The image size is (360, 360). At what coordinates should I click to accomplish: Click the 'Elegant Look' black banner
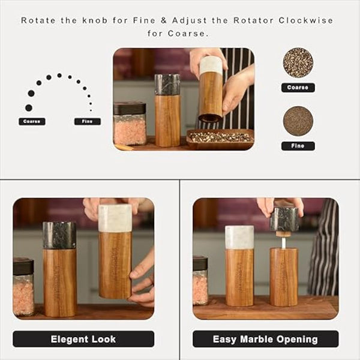(x=83, y=339)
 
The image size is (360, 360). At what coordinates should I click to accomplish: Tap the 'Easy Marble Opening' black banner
(x=265, y=339)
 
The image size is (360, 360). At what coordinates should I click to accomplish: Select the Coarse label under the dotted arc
(x=32, y=121)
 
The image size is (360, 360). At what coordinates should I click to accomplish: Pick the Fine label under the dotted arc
(x=87, y=121)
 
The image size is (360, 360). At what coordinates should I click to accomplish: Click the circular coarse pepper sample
(x=298, y=63)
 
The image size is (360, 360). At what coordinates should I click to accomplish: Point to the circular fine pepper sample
(x=298, y=121)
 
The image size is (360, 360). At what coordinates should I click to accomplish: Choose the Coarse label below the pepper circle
(x=298, y=88)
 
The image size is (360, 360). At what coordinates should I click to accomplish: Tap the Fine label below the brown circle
(x=298, y=146)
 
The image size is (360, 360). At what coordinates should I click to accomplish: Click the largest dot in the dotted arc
(x=28, y=107)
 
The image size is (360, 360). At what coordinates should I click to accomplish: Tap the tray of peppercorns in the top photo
(x=220, y=138)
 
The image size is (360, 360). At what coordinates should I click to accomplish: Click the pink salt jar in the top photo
(x=130, y=124)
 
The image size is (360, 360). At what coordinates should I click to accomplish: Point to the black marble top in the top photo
(x=167, y=85)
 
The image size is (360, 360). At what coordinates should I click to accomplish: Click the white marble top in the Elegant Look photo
(x=115, y=218)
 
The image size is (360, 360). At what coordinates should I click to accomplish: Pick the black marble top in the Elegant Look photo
(x=59, y=235)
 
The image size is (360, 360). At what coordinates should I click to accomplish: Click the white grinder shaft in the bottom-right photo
(x=283, y=241)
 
